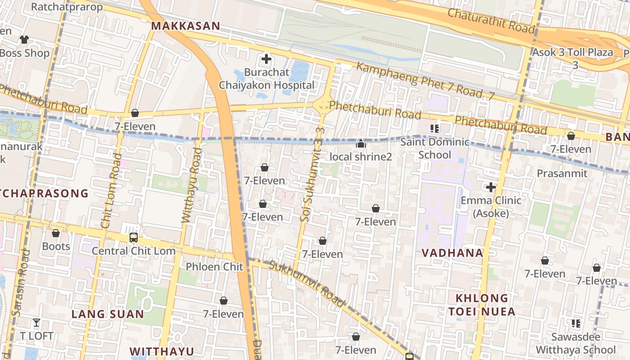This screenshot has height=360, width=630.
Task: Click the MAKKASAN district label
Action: click(x=185, y=26)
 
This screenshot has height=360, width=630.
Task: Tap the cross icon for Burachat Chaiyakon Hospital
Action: click(x=266, y=59)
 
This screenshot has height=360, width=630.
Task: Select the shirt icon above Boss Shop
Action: click(x=24, y=40)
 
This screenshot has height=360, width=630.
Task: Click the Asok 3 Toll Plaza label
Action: click(x=573, y=53)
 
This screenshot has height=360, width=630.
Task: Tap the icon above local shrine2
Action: click(x=361, y=144)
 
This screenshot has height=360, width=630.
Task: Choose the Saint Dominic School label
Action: click(x=435, y=148)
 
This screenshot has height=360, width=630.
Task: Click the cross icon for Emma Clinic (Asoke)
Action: click(x=491, y=187)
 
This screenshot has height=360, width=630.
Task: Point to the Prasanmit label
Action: click(x=562, y=173)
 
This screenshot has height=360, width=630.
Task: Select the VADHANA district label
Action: click(x=452, y=253)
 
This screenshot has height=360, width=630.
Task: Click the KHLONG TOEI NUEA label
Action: click(x=482, y=305)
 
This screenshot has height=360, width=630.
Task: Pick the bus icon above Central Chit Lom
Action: click(x=134, y=238)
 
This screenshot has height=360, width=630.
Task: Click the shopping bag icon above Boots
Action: click(x=56, y=233)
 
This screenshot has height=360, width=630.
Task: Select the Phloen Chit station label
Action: click(x=215, y=266)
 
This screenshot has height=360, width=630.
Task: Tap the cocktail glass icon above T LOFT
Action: click(x=36, y=323)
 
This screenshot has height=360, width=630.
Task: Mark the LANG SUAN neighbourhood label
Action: click(x=108, y=314)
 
